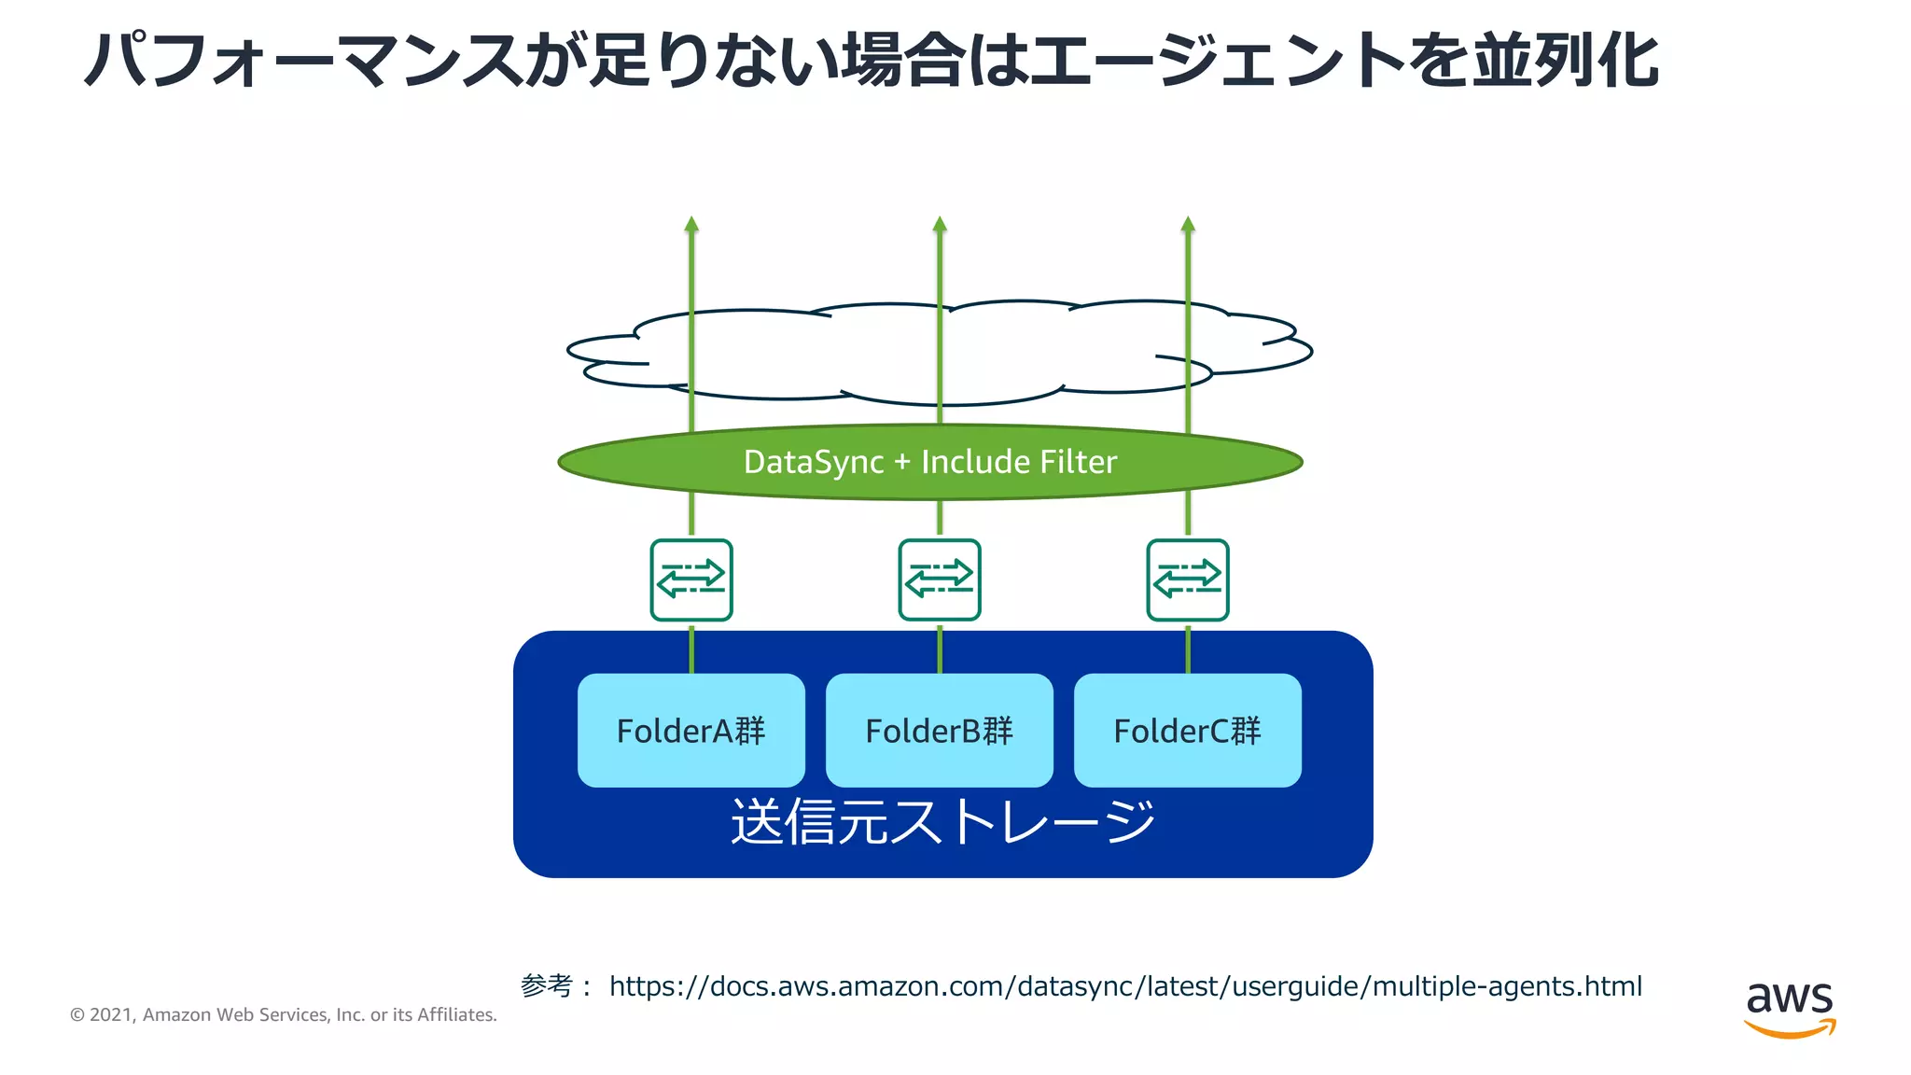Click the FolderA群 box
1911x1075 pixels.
[690, 731]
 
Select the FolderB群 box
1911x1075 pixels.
[939, 731]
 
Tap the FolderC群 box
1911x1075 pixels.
[1187, 731]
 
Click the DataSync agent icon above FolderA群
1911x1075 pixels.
[691, 579]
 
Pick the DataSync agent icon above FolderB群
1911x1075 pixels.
[940, 579]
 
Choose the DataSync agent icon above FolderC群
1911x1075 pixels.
[1188, 579]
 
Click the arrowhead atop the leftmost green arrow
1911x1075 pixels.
[691, 224]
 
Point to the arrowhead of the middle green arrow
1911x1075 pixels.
[940, 224]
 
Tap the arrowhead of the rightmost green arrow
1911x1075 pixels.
[1188, 224]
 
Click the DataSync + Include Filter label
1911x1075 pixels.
[929, 462]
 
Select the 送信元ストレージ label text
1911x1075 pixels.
[942, 822]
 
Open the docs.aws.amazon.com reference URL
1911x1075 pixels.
[1124, 986]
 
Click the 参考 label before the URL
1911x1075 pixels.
[547, 985]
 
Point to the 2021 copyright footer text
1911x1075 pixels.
[284, 1014]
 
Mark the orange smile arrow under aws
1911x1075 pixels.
[1789, 1028]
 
